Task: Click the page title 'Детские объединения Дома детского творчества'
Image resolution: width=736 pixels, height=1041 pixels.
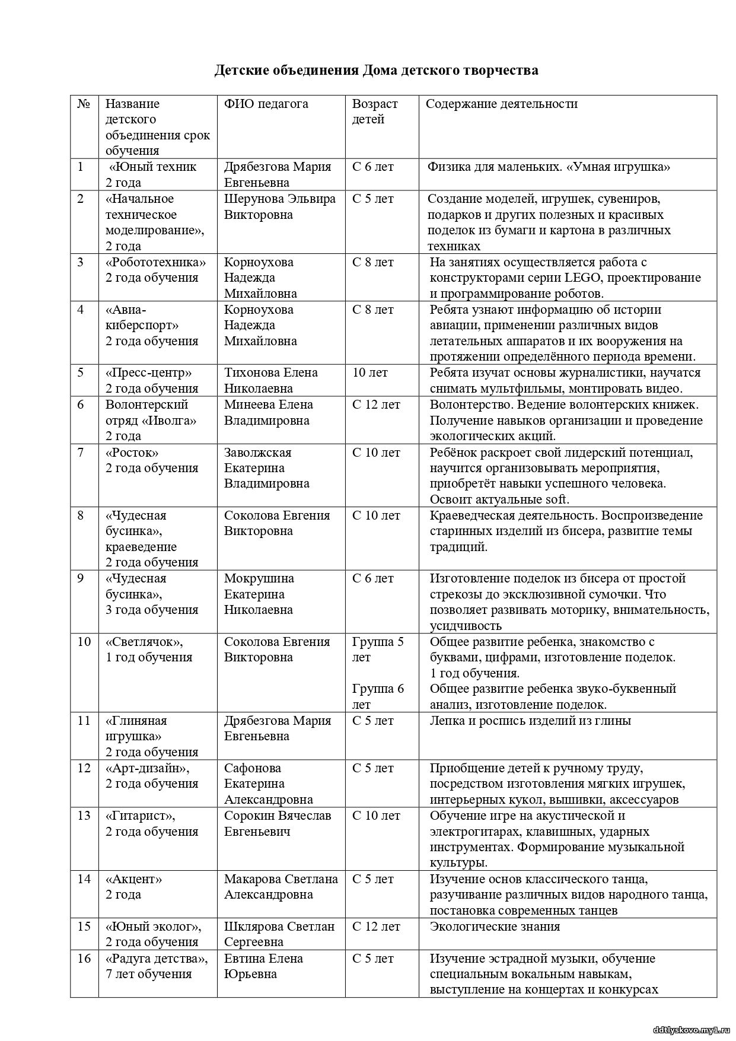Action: (x=376, y=71)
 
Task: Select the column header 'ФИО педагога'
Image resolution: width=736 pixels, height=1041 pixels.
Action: (x=266, y=104)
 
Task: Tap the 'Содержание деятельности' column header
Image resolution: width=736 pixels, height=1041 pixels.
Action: (x=501, y=104)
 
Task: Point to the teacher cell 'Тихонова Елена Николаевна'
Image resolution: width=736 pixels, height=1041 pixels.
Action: (x=270, y=380)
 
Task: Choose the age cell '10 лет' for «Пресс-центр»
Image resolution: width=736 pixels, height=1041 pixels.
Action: (x=370, y=373)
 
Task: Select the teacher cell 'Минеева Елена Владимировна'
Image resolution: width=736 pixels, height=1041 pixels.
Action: (x=268, y=412)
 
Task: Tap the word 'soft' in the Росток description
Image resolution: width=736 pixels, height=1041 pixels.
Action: (x=554, y=499)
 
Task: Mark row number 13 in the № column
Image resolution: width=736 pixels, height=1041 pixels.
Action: (x=84, y=816)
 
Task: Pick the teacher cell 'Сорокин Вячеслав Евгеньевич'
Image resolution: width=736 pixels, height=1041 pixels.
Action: (x=278, y=823)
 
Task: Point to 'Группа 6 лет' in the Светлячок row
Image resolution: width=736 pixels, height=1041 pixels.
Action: (x=378, y=696)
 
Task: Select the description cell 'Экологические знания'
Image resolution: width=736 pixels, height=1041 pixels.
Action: (x=495, y=927)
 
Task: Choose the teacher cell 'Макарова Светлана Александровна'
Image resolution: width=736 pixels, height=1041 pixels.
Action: (x=281, y=887)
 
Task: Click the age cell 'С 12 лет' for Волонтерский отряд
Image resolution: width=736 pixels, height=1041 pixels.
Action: (x=376, y=405)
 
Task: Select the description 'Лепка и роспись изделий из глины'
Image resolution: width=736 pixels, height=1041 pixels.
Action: (x=530, y=721)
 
